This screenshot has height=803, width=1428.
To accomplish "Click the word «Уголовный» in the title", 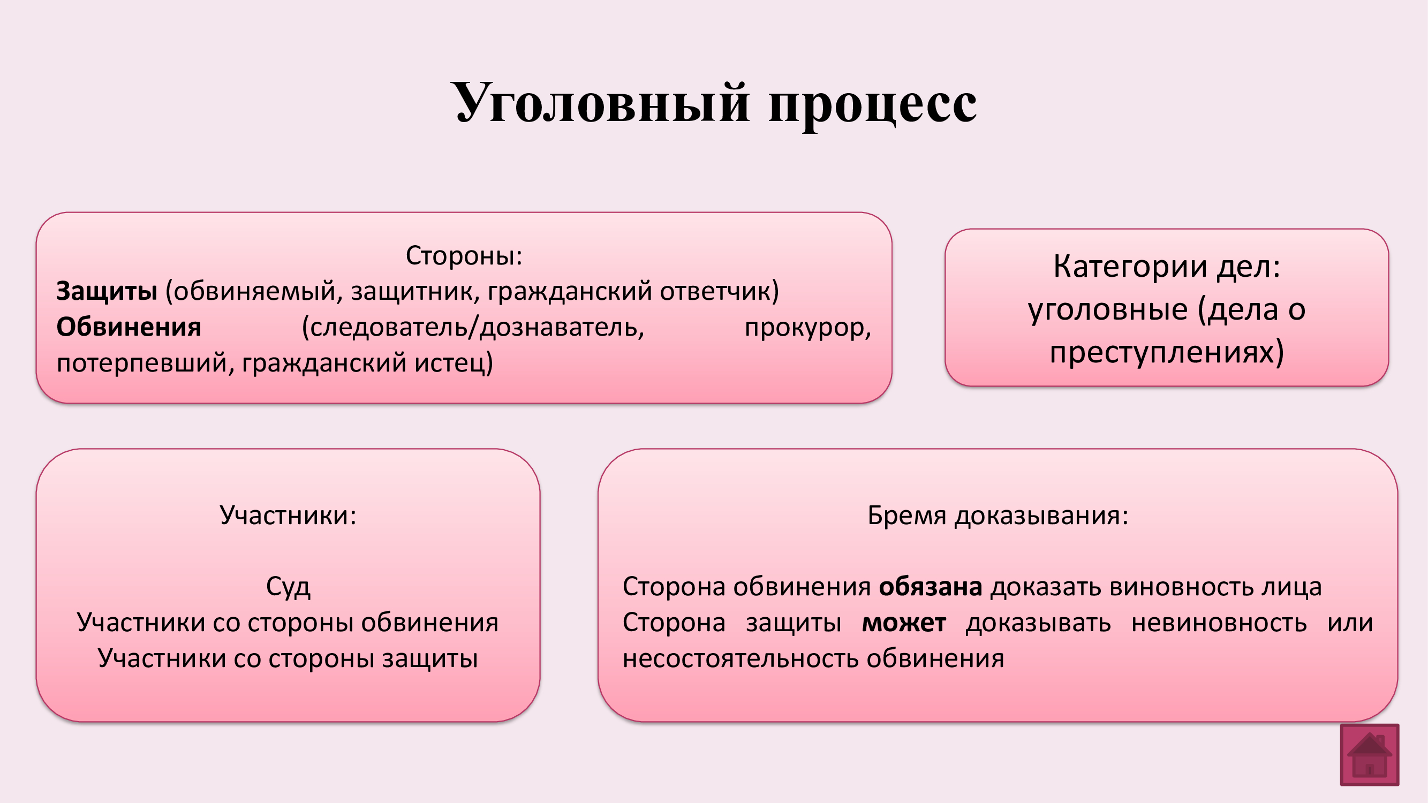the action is (x=600, y=104).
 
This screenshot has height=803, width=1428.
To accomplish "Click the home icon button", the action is (x=1369, y=754).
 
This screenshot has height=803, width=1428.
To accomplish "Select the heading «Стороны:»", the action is (x=464, y=255).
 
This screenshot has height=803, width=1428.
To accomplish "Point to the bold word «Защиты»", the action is (x=107, y=291).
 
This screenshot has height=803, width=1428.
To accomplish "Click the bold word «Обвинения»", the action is (x=129, y=327).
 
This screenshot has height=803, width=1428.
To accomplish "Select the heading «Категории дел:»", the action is (x=1167, y=266).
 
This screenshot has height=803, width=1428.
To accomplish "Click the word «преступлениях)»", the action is (x=1167, y=352).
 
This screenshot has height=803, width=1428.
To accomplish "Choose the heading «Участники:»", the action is (x=288, y=515).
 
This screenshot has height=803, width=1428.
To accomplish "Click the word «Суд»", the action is (x=288, y=587).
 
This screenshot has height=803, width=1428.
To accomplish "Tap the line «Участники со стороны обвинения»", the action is (x=288, y=623).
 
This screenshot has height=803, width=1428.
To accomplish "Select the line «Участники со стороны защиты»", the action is (x=288, y=658).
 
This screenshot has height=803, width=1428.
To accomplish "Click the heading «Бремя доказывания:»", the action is (x=998, y=516).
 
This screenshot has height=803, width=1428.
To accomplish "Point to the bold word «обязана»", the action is (x=931, y=587).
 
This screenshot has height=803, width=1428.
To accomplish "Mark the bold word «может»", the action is (x=904, y=623).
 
